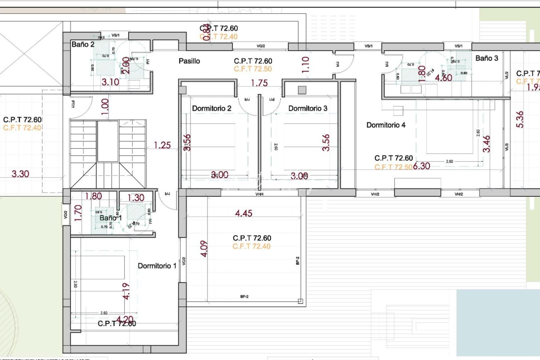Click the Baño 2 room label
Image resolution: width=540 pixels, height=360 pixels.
coord(83,44)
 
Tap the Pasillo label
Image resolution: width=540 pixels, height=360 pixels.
coord(189,61)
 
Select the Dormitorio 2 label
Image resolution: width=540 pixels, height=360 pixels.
coord(212,108)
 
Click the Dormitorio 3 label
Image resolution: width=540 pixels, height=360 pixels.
coord(308,108)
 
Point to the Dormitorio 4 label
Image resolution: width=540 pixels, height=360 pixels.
coord(386,125)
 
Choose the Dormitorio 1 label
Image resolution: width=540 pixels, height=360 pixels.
coord(157,266)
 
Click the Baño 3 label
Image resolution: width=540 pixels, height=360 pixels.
coord(487,58)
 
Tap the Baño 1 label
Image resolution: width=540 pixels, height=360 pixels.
coord(111,218)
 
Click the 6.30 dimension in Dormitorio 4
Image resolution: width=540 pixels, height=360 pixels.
coord(421,166)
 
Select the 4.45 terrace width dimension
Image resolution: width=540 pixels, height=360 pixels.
coord(244,213)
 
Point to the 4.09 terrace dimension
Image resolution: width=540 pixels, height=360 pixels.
coord(204,249)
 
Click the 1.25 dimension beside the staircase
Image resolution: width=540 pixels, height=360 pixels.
coord(162,145)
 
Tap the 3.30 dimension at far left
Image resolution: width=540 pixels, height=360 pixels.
coord(20,174)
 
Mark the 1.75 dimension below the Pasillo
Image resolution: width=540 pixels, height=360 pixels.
coord(259,83)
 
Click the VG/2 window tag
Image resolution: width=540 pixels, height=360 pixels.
coord(261,46)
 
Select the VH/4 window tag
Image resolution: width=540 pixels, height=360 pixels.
coord(259,194)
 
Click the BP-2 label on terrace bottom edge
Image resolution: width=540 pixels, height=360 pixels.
coord(244,296)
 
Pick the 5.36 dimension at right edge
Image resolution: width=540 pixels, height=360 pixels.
coord(520,119)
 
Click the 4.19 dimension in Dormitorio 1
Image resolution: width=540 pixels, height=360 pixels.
coord(126,291)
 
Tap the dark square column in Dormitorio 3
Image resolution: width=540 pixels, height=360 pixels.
coord(302,90)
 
